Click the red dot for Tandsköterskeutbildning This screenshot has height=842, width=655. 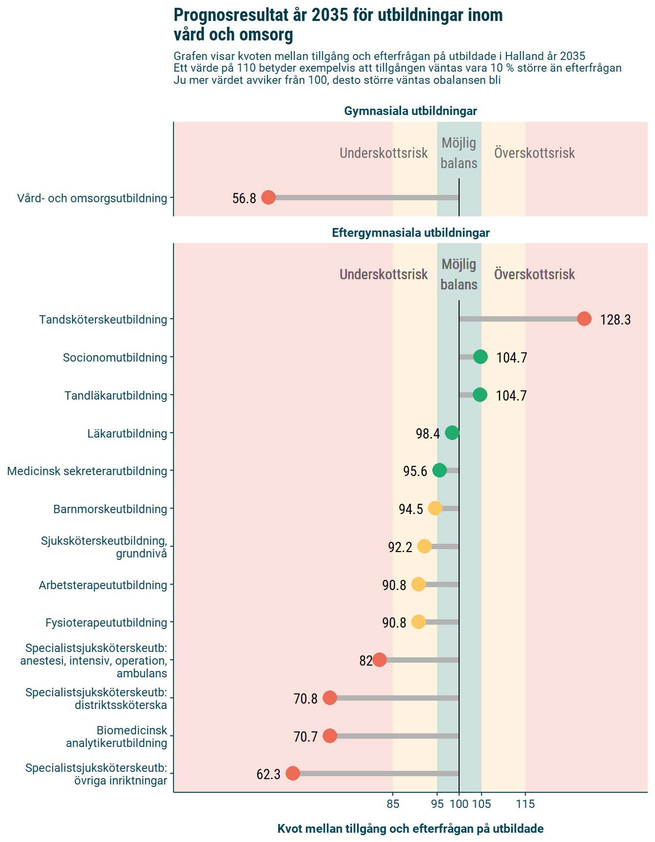coord(584,319)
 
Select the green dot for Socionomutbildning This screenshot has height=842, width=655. coord(480,357)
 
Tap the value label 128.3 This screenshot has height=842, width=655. coord(615,320)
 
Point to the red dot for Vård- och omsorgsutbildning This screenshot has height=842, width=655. coord(269,197)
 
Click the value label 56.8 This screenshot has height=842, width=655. coord(244,198)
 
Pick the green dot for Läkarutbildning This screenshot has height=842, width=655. coord(452,433)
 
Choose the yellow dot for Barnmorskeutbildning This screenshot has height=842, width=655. coord(435,508)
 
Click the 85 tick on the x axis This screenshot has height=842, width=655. coord(393,804)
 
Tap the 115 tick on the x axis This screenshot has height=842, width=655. coord(525,804)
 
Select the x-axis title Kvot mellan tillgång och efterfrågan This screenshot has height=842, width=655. coord(410,828)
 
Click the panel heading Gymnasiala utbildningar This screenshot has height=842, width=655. coord(410,111)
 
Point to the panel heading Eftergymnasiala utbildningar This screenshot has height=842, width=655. coord(410,233)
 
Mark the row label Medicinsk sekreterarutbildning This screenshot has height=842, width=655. coord(87,471)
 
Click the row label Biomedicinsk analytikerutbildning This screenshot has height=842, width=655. coord(117,736)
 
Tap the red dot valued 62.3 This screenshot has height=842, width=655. coord(292,773)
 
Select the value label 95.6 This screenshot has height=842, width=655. coord(415,471)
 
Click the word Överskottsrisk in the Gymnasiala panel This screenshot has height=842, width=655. coord(534,153)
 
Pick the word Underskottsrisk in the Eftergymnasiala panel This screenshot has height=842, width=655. coord(384,274)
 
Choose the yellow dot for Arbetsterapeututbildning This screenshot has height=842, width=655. coord(418,584)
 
